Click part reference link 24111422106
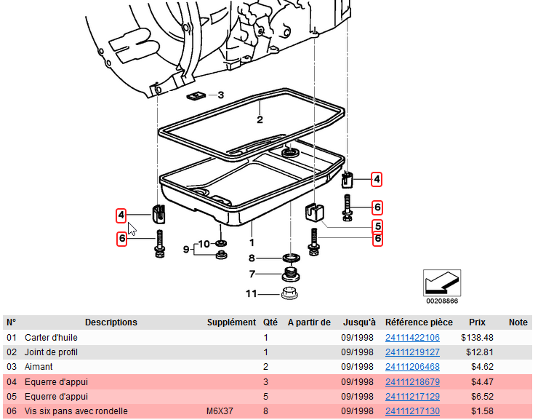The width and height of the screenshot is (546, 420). point(412,338)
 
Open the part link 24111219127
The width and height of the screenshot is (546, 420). point(412,352)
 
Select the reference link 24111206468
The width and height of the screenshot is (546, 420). point(412,367)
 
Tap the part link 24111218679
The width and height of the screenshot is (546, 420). point(412,382)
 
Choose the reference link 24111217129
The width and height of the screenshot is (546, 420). point(412,397)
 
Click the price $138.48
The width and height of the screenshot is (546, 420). point(477,338)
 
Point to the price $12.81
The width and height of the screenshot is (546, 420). point(479,352)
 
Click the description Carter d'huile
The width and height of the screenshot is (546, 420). point(51,338)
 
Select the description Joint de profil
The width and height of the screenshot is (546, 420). point(51,352)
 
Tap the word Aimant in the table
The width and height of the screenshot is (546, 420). point(38,367)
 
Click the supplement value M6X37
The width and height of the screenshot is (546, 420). point(220,411)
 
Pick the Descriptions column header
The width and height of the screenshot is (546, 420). point(111,322)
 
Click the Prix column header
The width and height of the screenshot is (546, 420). point(477,322)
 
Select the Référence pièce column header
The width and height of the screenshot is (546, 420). point(419,322)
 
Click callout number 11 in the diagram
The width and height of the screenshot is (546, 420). point(251,294)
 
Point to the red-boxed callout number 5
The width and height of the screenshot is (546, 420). point(377,226)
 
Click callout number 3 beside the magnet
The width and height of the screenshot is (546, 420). point(221,95)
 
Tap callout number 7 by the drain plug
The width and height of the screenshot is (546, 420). point(252,274)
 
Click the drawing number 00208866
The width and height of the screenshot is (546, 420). point(442,300)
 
